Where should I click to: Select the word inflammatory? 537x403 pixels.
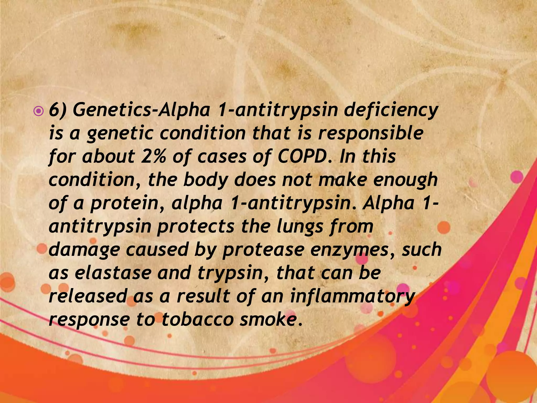pos(353,296)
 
